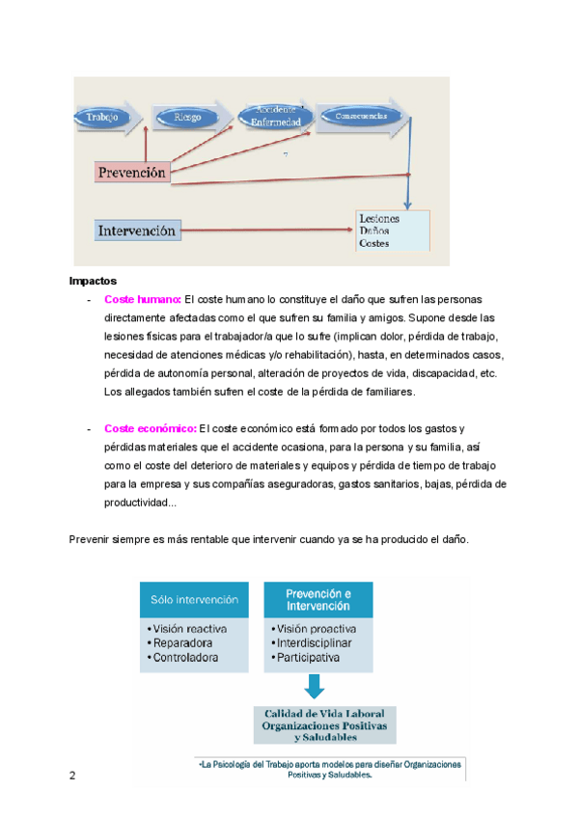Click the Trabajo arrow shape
click(106, 118)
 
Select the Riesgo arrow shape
click(189, 118)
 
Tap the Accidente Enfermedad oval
click(275, 116)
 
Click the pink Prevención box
click(132, 172)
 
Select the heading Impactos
click(93, 281)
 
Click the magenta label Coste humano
click(142, 298)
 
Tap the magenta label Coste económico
click(149, 428)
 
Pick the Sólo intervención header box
click(194, 599)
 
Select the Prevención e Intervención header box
click(319, 599)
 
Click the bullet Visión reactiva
click(188, 629)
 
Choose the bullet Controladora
click(183, 657)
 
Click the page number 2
click(72, 777)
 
